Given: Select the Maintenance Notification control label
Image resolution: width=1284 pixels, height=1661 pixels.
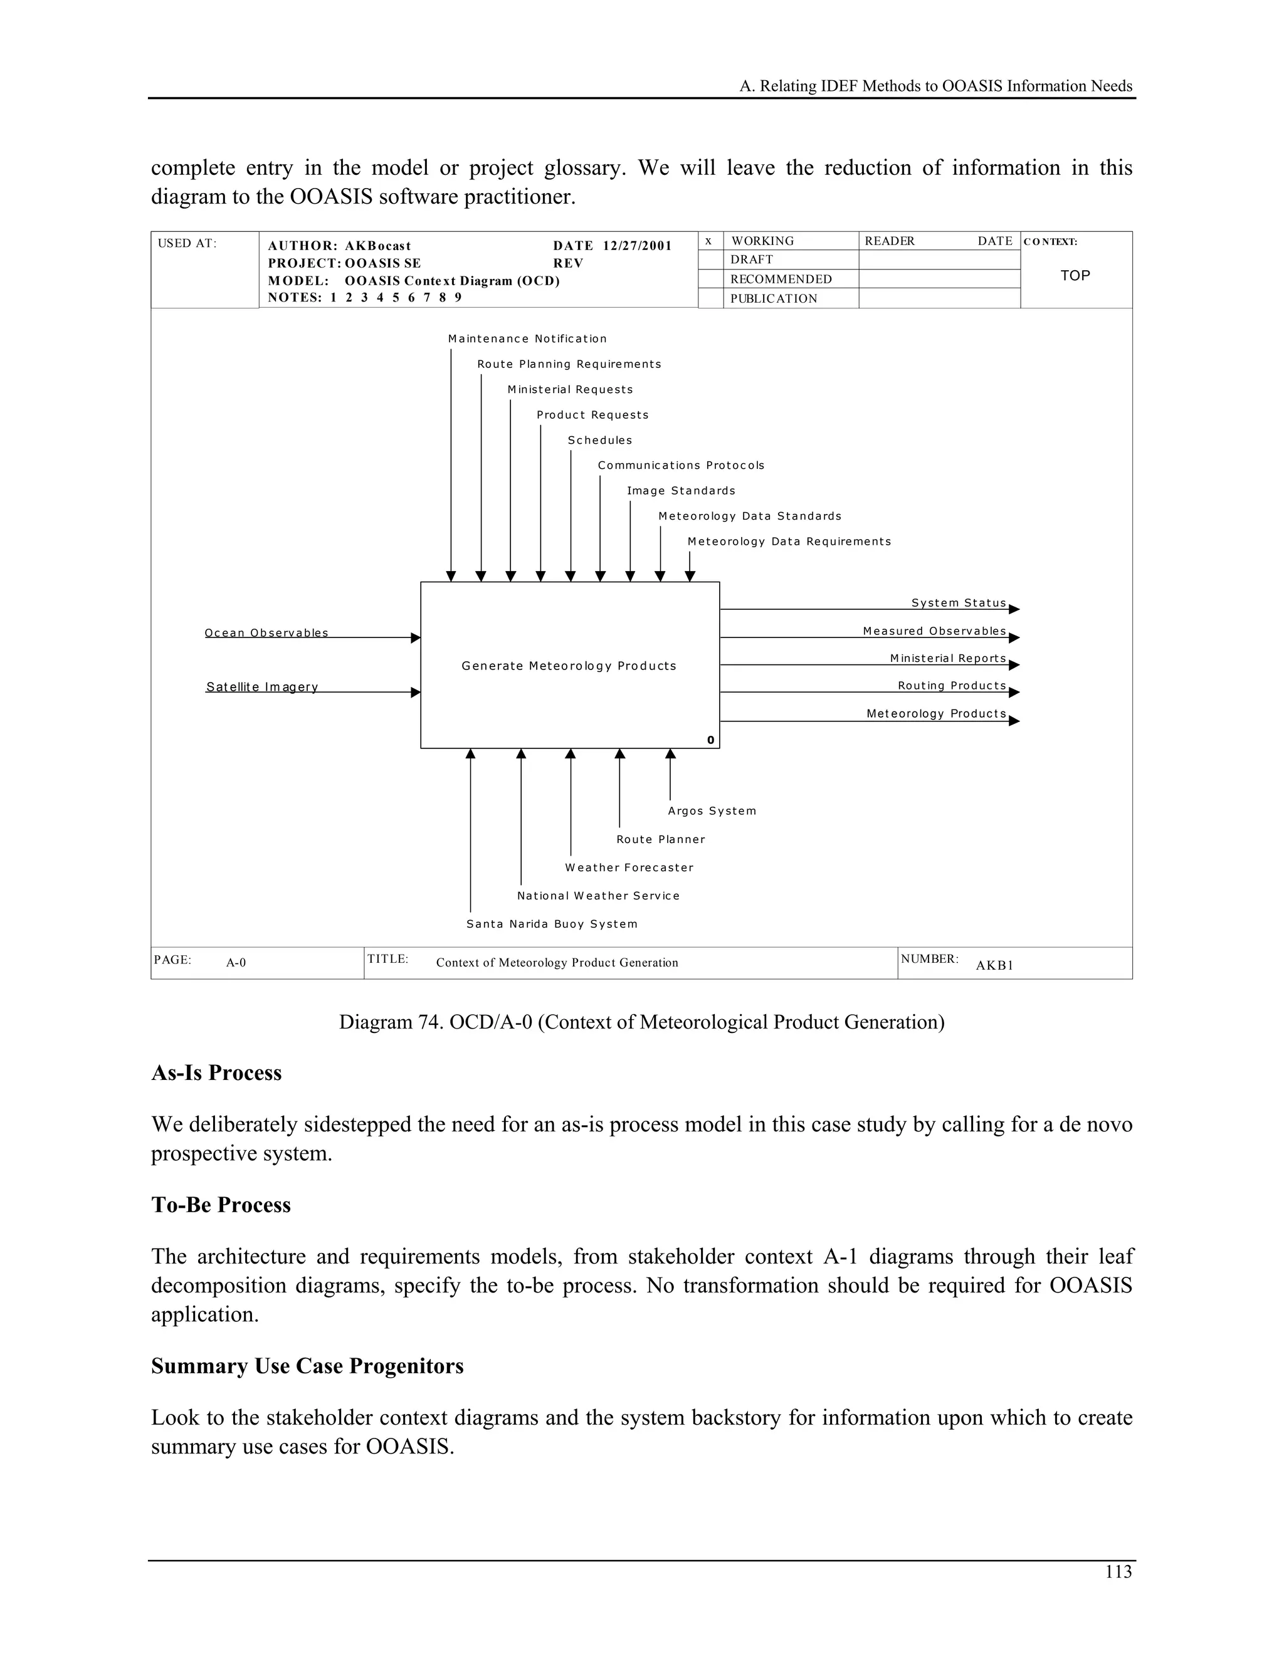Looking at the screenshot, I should point(527,338).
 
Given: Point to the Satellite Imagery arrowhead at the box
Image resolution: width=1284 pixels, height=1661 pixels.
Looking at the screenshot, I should point(415,692).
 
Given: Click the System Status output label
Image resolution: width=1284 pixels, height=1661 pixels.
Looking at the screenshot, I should point(959,602).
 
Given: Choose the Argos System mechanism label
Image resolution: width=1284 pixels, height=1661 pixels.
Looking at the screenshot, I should point(712,810).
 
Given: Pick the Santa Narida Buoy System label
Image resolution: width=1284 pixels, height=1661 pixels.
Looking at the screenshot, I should point(552,923).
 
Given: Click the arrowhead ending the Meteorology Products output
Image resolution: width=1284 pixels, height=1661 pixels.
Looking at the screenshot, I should point(1014,721).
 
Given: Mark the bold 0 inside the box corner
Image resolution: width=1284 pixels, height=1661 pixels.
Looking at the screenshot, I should point(710,740).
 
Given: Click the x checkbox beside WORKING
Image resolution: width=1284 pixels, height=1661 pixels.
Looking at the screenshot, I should point(708,241).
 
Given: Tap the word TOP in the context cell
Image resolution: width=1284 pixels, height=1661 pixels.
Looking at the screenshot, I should point(1075,275).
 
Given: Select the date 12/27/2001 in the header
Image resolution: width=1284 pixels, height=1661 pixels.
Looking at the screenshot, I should point(638,246).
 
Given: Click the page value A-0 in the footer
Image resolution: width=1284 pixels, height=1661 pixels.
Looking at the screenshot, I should point(236,962).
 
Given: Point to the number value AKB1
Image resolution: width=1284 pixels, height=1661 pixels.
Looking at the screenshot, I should point(994,965).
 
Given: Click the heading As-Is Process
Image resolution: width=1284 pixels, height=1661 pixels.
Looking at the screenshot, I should point(216,1072).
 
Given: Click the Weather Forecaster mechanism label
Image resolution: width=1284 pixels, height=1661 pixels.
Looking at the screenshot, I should point(629,867).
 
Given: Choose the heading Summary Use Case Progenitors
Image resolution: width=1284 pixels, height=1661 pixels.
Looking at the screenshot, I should point(307,1366).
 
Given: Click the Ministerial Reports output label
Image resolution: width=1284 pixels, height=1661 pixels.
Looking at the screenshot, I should point(948,658).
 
